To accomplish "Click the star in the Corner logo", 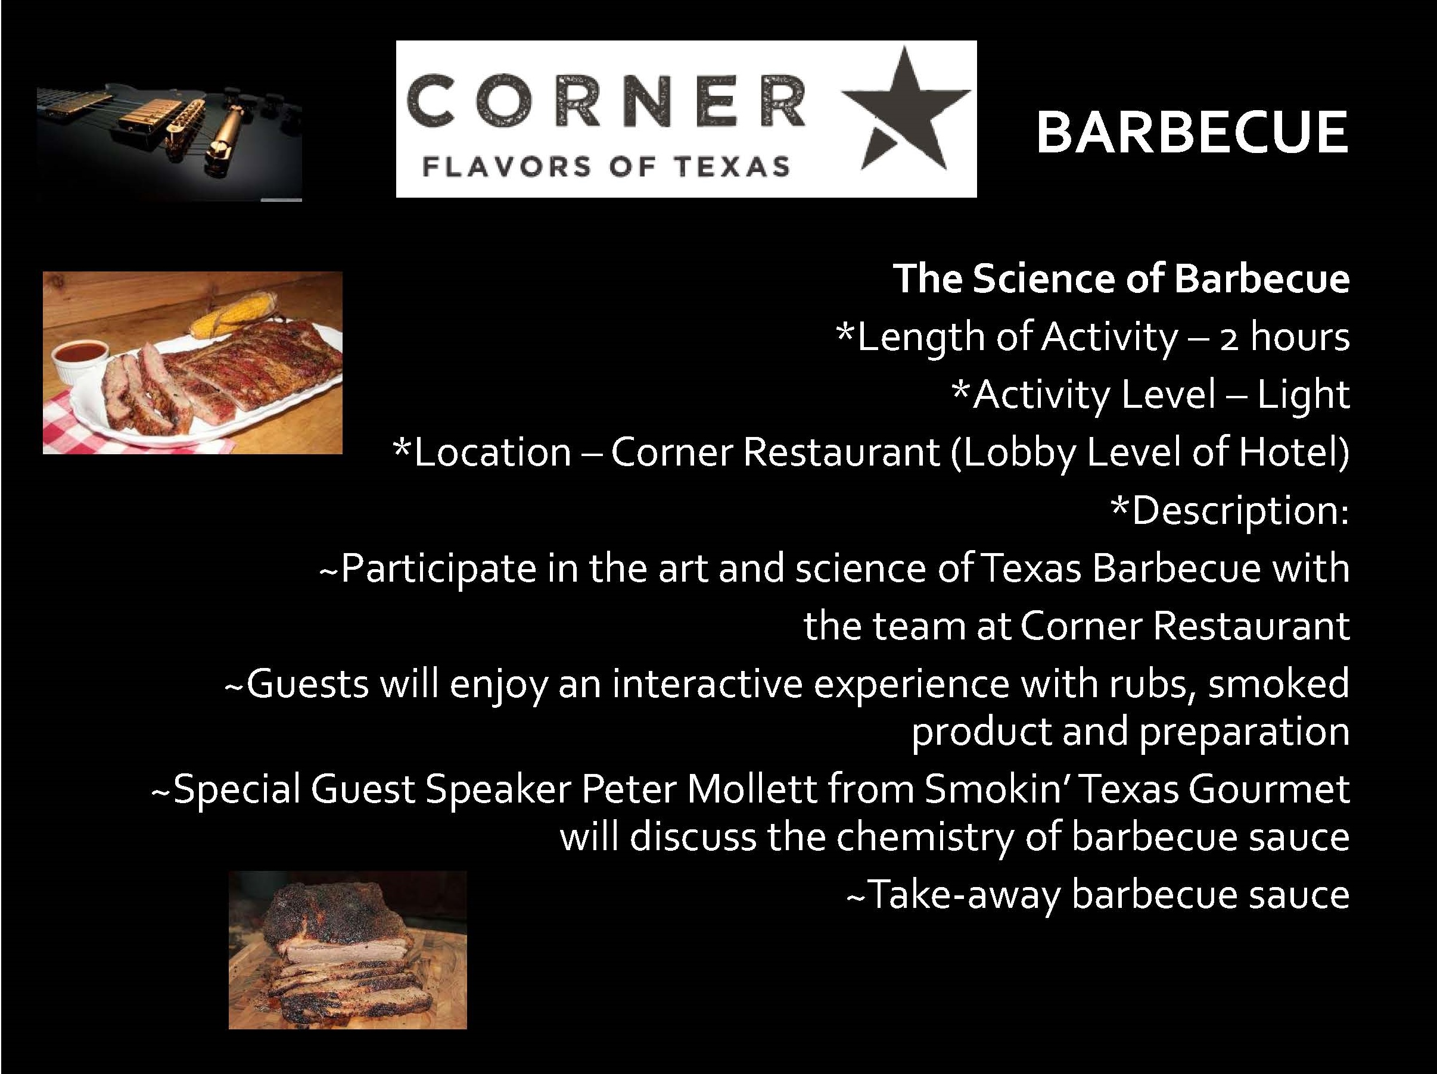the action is coord(906,114).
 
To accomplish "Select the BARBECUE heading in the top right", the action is coord(1192,133).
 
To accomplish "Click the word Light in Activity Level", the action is coord(1303,394).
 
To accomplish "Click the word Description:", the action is coord(1230,510).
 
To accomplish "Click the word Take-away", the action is coord(953,895).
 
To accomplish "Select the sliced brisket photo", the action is coord(347,950).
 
